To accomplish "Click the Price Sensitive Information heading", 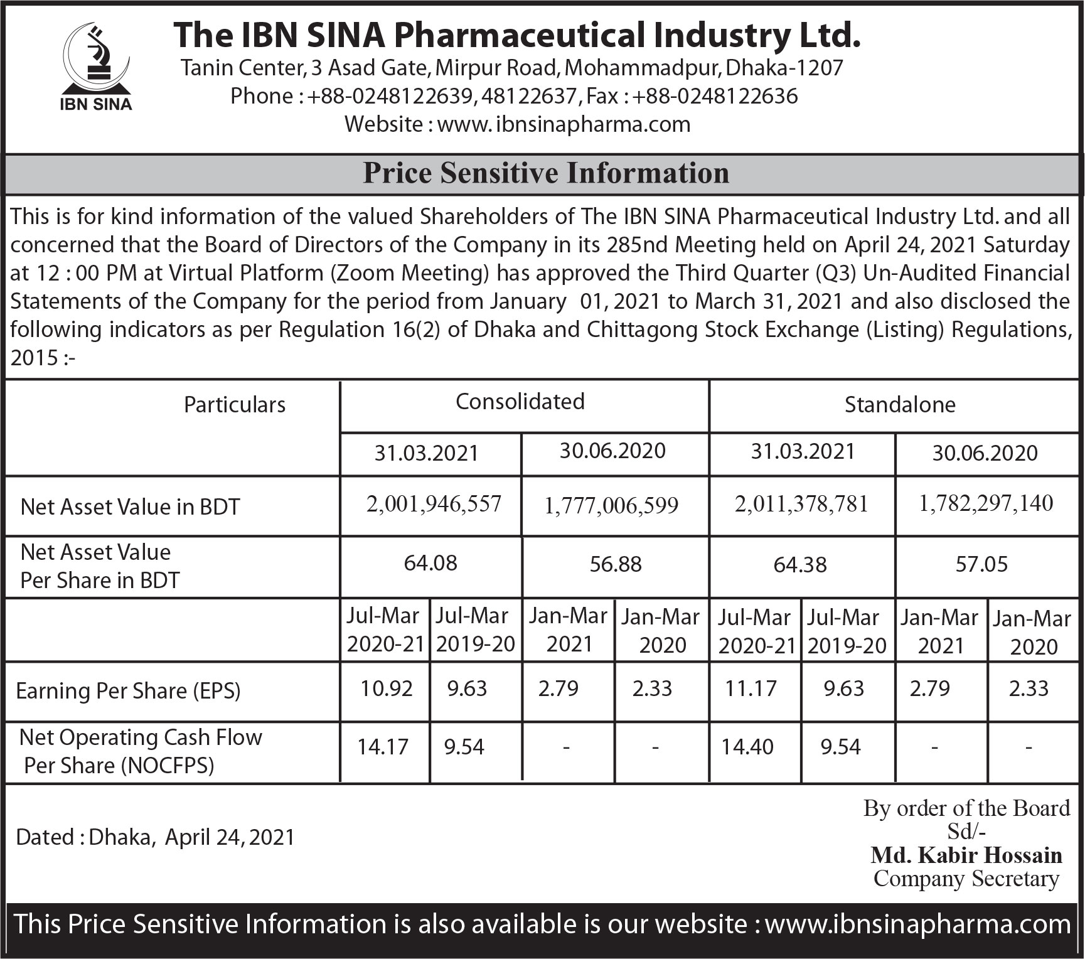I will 545,173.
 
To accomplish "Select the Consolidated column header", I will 520,402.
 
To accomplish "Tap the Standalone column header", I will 899,405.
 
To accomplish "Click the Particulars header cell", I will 234,405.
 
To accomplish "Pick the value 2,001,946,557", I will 434,503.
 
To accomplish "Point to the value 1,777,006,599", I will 611,505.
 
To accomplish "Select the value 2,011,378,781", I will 801,503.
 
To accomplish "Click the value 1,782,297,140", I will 985,503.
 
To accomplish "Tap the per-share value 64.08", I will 430,563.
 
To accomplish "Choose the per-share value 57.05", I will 981,564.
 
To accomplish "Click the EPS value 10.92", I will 386,688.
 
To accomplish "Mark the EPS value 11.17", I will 751,688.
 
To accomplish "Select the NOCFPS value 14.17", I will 383,747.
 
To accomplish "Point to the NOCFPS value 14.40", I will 747,747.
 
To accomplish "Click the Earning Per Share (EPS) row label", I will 128,691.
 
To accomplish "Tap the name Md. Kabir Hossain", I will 966,855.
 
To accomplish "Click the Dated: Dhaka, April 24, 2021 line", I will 155,837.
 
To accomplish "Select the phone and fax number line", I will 514,96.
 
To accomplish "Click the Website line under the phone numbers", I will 517,124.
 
